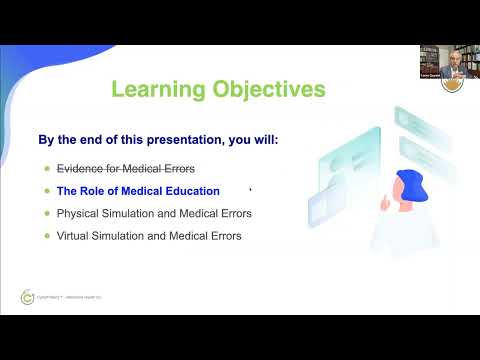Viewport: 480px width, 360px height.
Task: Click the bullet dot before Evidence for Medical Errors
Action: (45, 167)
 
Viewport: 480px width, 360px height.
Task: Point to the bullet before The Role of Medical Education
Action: (45, 190)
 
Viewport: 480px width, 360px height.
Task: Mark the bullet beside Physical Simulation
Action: (45, 213)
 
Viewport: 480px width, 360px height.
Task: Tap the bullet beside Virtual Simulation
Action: (45, 236)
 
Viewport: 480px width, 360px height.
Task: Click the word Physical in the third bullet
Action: (78, 213)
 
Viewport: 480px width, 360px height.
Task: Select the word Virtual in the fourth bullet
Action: (74, 236)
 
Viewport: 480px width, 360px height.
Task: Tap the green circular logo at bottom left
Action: (27, 297)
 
